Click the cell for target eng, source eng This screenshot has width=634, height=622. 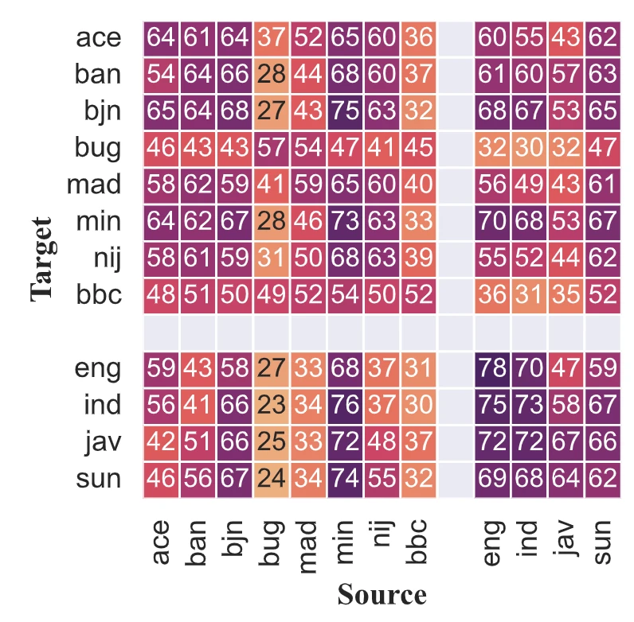click(x=493, y=369)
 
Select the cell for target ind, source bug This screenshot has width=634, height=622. click(x=272, y=406)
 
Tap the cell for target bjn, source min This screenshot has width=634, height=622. click(x=346, y=111)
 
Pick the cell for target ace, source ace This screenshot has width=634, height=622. click(x=162, y=37)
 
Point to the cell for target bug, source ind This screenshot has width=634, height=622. click(x=530, y=148)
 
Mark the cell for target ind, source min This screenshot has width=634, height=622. click(x=346, y=406)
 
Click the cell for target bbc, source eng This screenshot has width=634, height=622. click(x=493, y=295)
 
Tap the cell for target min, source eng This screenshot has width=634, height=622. click(x=493, y=222)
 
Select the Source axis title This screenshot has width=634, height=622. click(x=382, y=595)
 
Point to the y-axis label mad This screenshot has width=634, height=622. click(x=93, y=185)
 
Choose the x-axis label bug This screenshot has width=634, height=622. click(x=272, y=542)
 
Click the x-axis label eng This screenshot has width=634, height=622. click(x=493, y=542)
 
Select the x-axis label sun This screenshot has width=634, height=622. click(x=603, y=542)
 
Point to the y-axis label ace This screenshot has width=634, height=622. click(x=99, y=37)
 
